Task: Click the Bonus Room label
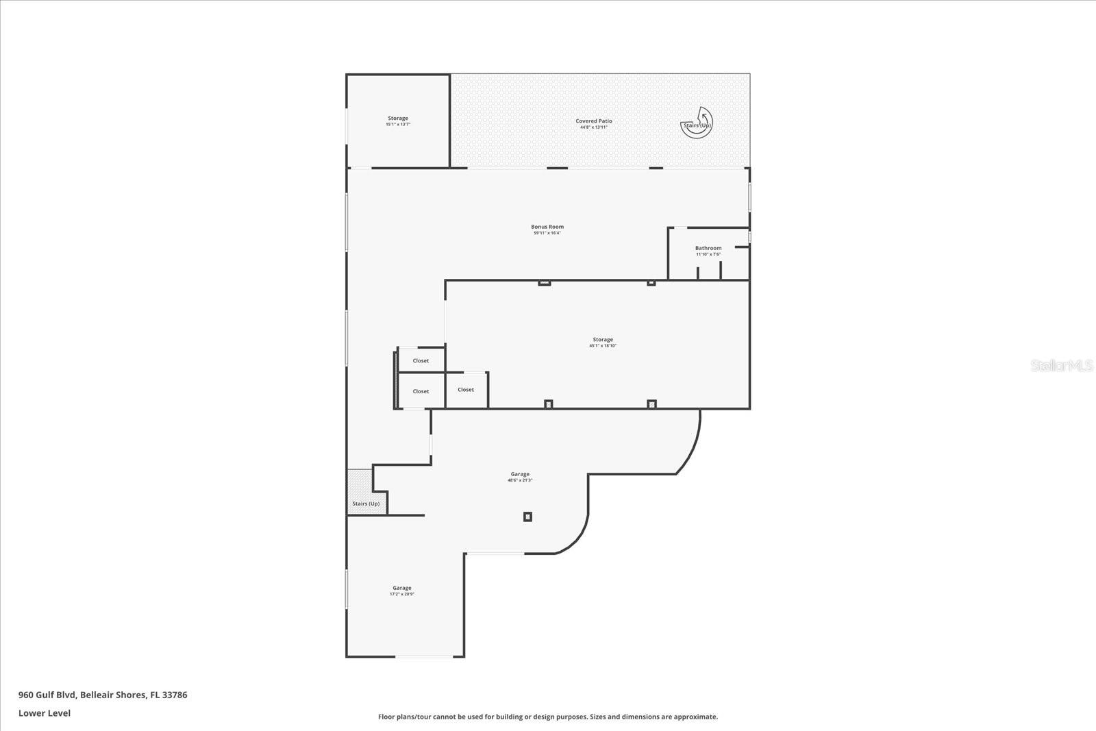click(547, 227)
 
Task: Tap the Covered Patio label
click(594, 121)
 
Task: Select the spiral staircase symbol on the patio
click(697, 123)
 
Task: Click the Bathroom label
click(708, 248)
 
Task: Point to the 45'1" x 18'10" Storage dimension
click(603, 346)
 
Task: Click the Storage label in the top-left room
click(398, 119)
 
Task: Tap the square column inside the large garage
click(527, 517)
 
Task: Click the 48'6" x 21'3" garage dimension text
click(520, 480)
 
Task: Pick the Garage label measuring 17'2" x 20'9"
click(402, 588)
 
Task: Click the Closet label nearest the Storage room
click(466, 390)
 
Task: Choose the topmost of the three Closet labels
click(421, 361)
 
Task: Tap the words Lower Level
click(45, 713)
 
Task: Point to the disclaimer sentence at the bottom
click(548, 717)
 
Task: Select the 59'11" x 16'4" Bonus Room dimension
click(547, 233)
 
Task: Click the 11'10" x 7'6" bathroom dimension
click(708, 254)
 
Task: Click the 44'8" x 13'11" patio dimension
click(594, 127)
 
